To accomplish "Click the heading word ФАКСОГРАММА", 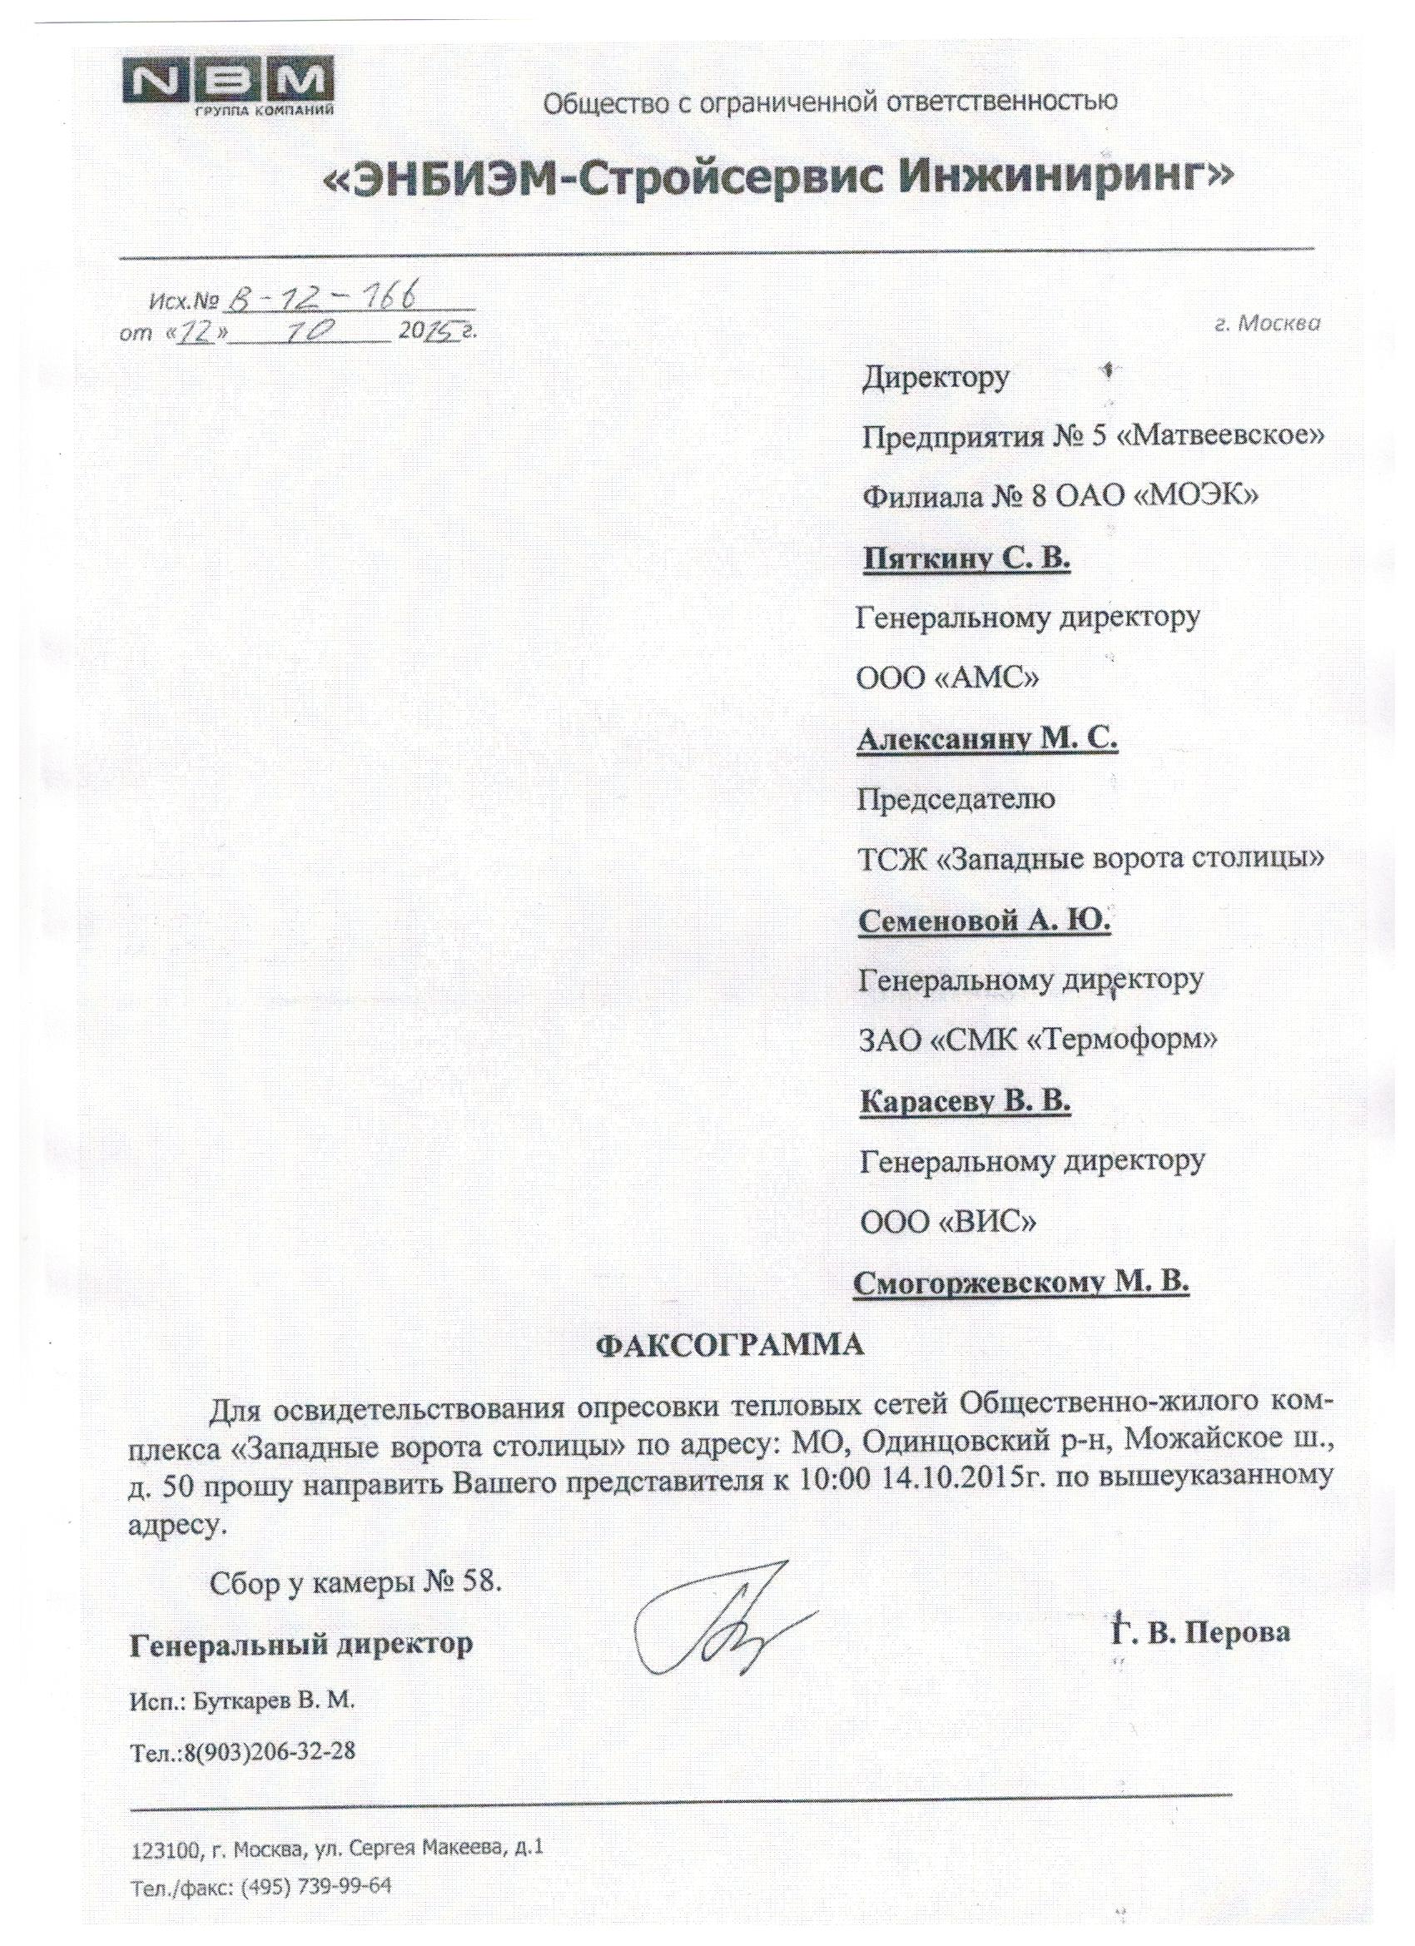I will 730,1343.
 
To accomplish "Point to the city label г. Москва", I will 1269,324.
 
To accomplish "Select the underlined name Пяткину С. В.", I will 966,559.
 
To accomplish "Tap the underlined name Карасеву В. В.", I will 966,1102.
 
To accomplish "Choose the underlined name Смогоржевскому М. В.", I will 1021,1283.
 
